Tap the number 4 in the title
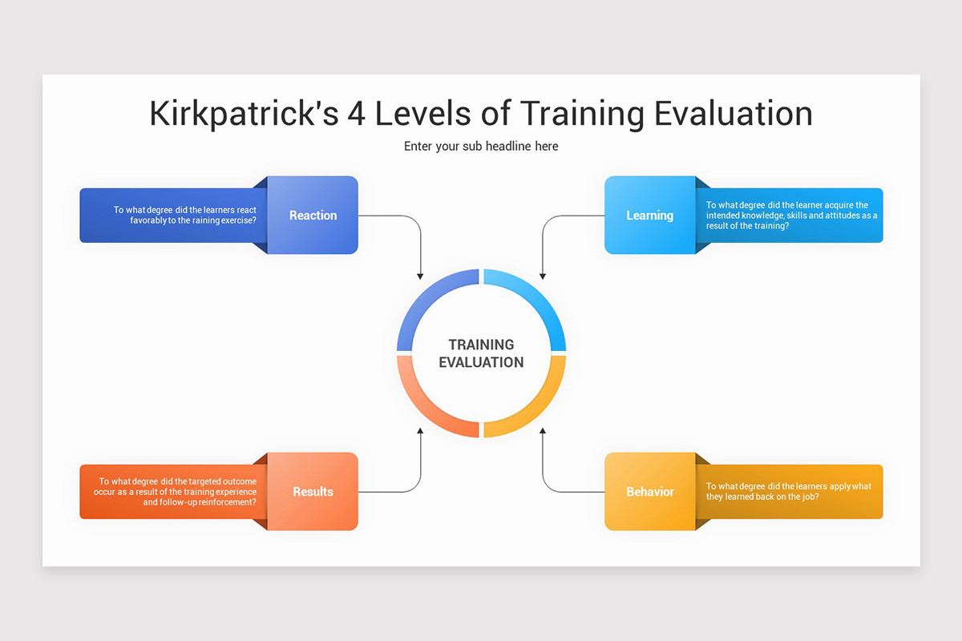click(357, 113)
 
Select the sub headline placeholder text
click(481, 146)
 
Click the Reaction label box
click(313, 215)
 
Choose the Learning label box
click(649, 215)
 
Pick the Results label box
click(313, 491)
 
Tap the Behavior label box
click(649, 491)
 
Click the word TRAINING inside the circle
click(481, 345)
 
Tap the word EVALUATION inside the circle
click(481, 362)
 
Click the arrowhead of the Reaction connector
click(420, 276)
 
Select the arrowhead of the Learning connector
click(543, 276)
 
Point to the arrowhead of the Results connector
click(420, 431)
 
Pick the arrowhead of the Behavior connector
click(543, 431)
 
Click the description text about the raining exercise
click(184, 215)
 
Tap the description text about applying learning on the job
click(789, 491)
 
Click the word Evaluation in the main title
click(733, 113)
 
